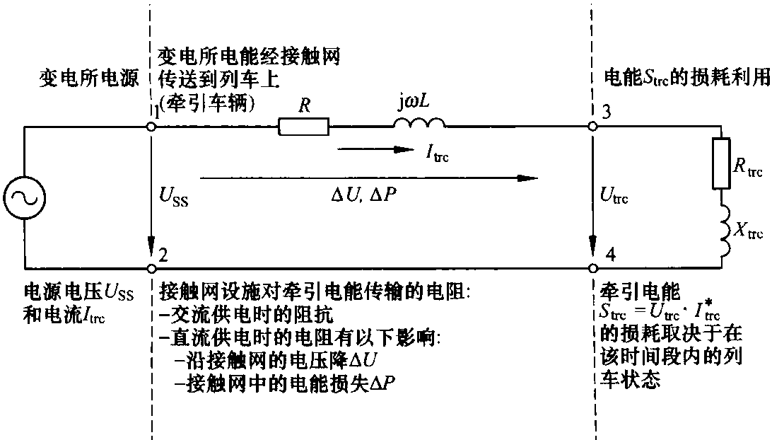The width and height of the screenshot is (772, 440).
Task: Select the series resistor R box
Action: tap(303, 127)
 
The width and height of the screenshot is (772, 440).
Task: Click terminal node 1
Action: tap(151, 127)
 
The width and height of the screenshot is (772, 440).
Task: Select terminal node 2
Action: tap(151, 269)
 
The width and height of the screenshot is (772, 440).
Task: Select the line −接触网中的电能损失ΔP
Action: tap(286, 383)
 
